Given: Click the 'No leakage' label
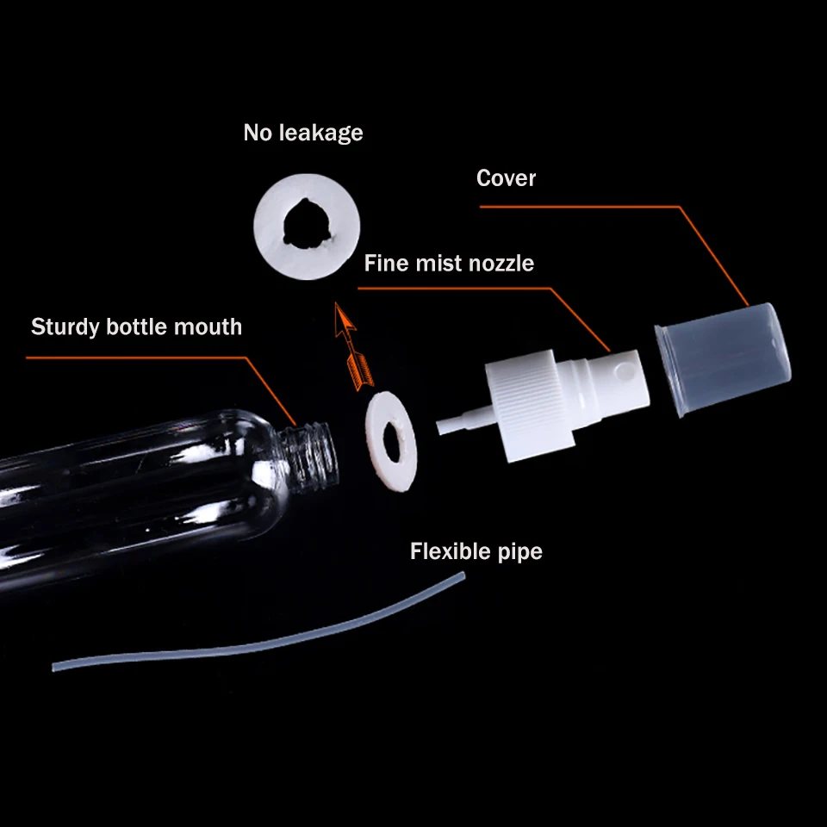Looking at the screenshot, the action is [x=302, y=133].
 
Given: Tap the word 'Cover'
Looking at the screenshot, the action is [x=506, y=178].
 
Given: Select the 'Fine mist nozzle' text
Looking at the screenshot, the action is [x=449, y=263].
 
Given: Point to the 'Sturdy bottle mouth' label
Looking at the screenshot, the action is [x=136, y=327].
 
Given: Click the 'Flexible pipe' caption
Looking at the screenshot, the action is [x=476, y=550].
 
